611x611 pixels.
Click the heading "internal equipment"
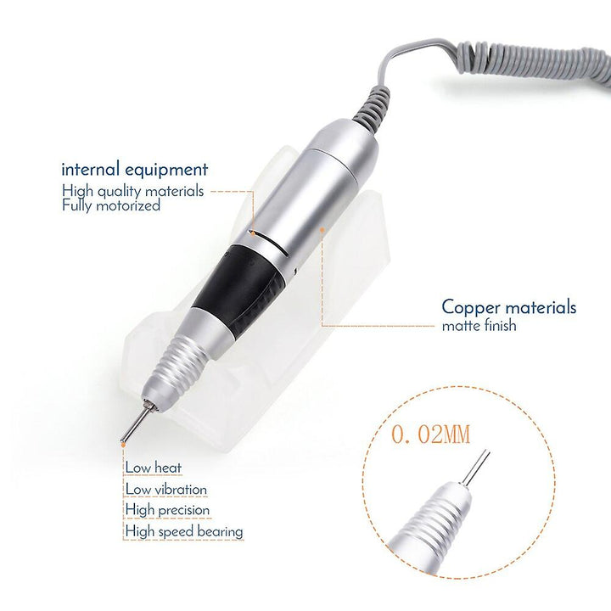134,171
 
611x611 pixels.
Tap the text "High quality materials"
133,191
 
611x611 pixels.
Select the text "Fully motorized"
111,205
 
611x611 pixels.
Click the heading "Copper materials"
508,307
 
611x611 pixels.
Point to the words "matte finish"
479,325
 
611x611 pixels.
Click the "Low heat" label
154,468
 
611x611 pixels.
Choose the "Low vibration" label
166,490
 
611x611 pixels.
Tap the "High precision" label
167,510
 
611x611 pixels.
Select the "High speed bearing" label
184,531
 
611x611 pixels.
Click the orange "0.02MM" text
430,434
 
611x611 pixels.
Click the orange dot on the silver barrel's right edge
322,229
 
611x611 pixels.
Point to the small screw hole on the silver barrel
295,270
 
